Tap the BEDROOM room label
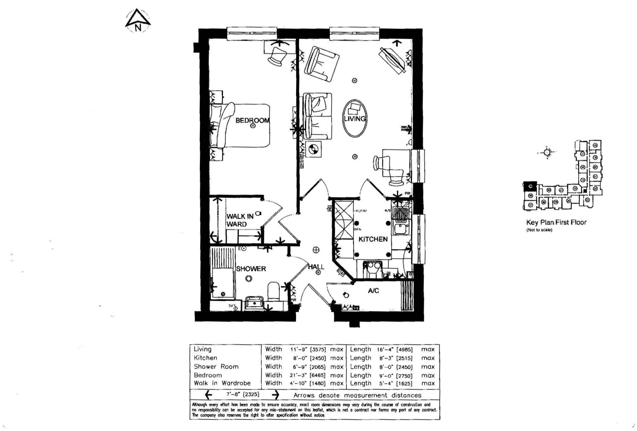click(x=252, y=120)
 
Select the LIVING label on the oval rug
click(x=355, y=119)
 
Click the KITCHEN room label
click(x=373, y=239)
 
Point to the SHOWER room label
click(x=251, y=269)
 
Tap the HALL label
click(x=316, y=267)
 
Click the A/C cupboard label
click(x=373, y=291)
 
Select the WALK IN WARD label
click(x=240, y=220)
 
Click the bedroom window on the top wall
click(x=252, y=34)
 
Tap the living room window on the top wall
click(x=355, y=34)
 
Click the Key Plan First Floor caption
click(x=556, y=222)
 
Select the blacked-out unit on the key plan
click(x=530, y=186)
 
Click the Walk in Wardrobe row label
click(x=222, y=383)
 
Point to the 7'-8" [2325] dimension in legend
click(x=243, y=395)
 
